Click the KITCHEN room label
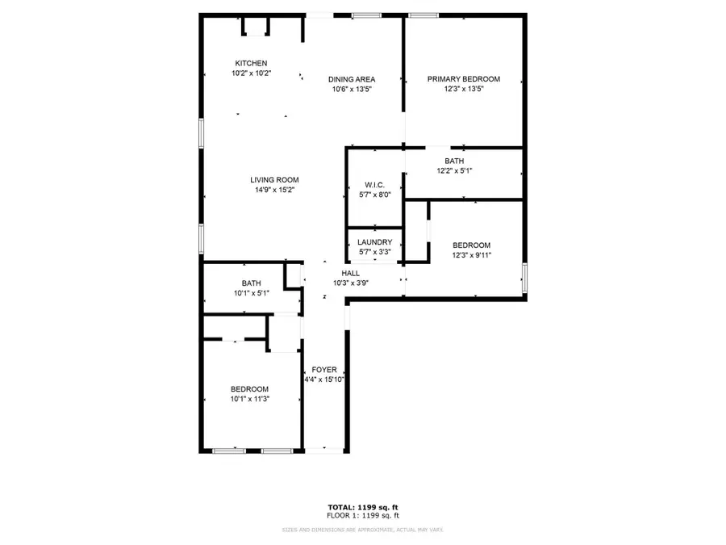[251, 64]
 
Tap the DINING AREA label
[352, 79]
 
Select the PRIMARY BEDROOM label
[464, 79]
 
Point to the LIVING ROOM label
[274, 180]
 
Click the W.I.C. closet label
[374, 185]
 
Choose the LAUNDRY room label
[374, 242]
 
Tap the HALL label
[351, 274]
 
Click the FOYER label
[324, 370]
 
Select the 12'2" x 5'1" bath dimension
[454, 171]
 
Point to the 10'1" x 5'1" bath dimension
[251, 293]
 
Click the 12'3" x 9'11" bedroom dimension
[471, 255]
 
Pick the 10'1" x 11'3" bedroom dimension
[250, 399]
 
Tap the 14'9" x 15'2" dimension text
[274, 191]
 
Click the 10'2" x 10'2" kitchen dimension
[251, 73]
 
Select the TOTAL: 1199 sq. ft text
[362, 507]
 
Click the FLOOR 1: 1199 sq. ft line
[362, 515]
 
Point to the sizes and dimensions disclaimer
[362, 530]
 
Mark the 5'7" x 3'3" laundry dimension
[374, 252]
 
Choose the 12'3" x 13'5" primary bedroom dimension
[464, 89]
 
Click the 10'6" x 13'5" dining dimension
[352, 89]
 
